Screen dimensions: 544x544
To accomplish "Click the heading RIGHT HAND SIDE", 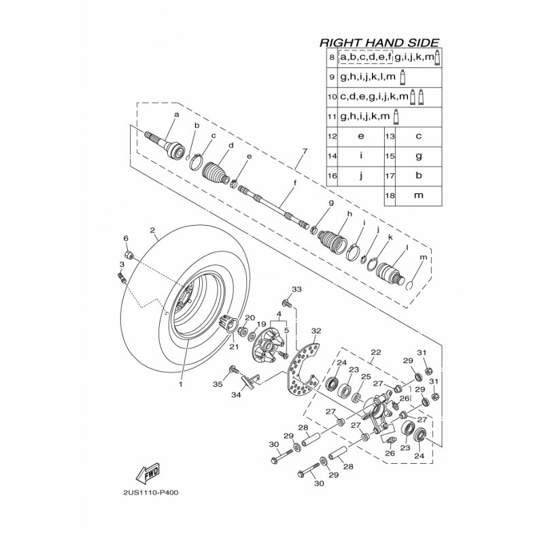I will click(379, 42).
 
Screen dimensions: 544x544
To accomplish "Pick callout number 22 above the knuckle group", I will click(375, 352).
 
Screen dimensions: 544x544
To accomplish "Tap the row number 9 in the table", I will click(332, 77).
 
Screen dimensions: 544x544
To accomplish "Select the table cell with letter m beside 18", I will click(419, 194).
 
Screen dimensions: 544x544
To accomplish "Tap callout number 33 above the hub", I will click(295, 290).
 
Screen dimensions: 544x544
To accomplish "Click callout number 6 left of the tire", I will click(125, 238).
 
